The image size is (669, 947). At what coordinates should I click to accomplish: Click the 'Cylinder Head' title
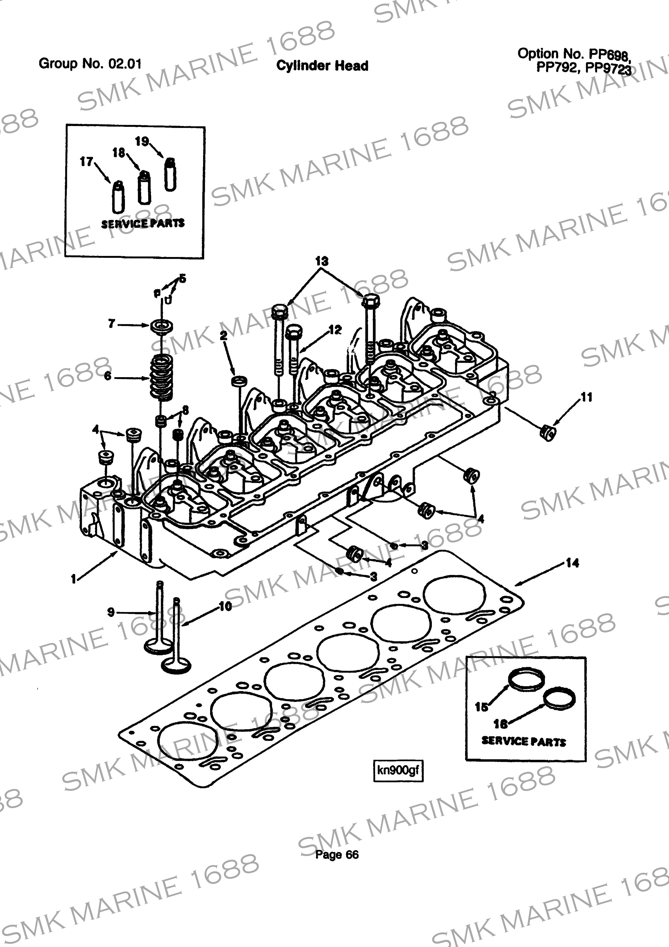click(322, 66)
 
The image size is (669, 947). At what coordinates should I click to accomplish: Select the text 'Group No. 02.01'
click(90, 63)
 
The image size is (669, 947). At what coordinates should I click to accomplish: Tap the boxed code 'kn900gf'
click(398, 770)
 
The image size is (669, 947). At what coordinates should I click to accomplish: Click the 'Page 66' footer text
click(337, 855)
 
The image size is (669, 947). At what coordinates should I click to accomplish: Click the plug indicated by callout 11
click(547, 433)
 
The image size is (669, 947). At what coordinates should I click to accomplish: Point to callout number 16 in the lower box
click(500, 723)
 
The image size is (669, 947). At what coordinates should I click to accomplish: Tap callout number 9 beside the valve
click(111, 612)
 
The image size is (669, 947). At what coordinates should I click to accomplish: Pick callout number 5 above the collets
click(182, 278)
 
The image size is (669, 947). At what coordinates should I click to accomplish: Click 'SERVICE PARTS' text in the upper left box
click(143, 224)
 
